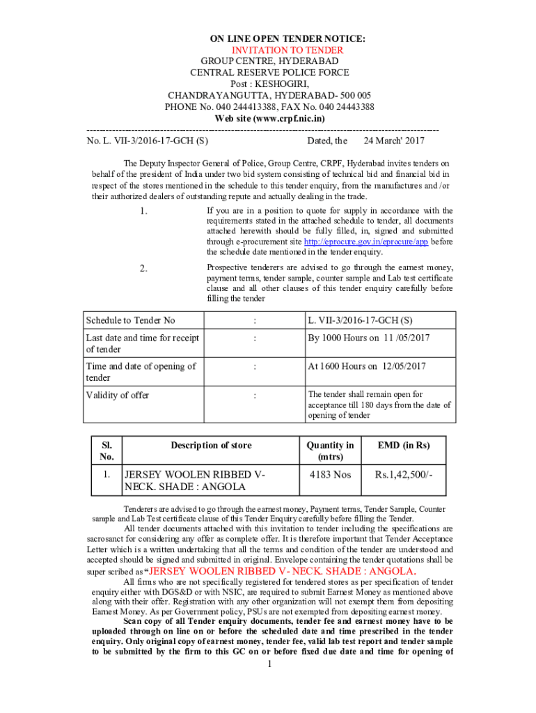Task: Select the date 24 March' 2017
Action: click(394, 141)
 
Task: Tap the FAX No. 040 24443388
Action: click(328, 107)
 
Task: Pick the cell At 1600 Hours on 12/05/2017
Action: click(367, 366)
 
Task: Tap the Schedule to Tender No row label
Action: click(130, 320)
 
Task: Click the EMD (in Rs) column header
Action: click(403, 446)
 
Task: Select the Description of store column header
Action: click(211, 446)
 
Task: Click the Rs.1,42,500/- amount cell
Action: click(403, 475)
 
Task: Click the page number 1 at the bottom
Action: click(269, 664)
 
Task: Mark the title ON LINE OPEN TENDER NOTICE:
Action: click(269, 39)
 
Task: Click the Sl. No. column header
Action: click(107, 451)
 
